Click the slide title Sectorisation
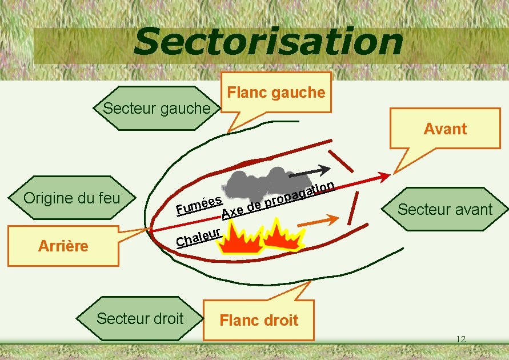click(x=268, y=43)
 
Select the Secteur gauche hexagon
click(x=157, y=108)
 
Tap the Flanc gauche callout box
click(x=276, y=93)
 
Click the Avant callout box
click(x=445, y=129)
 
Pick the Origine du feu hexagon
click(x=72, y=198)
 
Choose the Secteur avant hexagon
click(x=444, y=209)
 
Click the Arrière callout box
click(x=63, y=246)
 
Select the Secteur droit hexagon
click(x=141, y=318)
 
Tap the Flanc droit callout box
click(x=259, y=320)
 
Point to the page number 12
click(x=460, y=339)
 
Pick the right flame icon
click(x=283, y=237)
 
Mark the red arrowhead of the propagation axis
click(x=385, y=175)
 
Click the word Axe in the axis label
click(x=234, y=213)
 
